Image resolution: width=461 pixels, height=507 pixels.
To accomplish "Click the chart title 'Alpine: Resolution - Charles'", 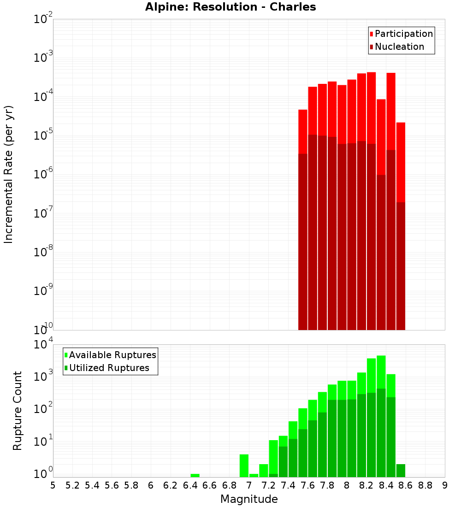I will (230, 7).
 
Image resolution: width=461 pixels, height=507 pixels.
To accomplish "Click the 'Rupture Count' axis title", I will (18, 410).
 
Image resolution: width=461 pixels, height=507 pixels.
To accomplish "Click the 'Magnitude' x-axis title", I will (249, 499).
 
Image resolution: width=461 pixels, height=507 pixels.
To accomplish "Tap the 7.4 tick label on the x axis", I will (288, 485).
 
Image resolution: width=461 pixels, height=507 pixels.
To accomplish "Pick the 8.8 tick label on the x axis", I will (425, 485).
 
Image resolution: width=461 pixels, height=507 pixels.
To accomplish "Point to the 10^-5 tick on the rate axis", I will (43, 136).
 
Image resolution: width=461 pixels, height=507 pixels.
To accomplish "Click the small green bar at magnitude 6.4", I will (195, 475).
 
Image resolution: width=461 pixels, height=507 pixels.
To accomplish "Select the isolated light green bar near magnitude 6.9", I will (244, 466).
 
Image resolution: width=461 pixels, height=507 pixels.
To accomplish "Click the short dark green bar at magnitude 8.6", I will (401, 471).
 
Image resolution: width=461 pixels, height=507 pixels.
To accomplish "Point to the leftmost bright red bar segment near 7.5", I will (303, 131).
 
